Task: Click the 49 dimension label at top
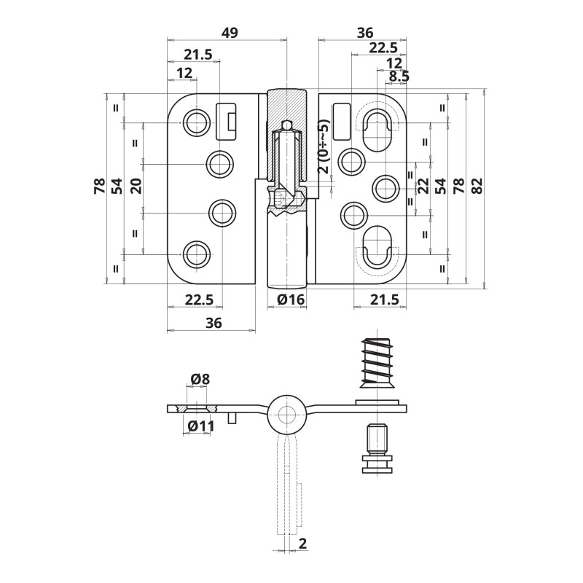[230, 33]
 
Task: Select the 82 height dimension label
[477, 186]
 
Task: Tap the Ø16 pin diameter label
[291, 299]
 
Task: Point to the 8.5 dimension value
[399, 77]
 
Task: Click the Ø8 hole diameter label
[200, 379]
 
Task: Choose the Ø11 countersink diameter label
[201, 426]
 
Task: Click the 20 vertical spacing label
[136, 186]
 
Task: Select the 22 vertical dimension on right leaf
[423, 186]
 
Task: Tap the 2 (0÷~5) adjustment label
[324, 146]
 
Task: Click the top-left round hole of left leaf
[196, 122]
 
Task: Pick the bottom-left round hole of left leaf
[196, 254]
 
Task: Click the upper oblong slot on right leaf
[377, 130]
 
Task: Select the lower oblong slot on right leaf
[377, 247]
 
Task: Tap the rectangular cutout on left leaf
[226, 121]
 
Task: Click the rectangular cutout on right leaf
[341, 121]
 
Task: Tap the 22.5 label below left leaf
[199, 300]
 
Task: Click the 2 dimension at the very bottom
[303, 543]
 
